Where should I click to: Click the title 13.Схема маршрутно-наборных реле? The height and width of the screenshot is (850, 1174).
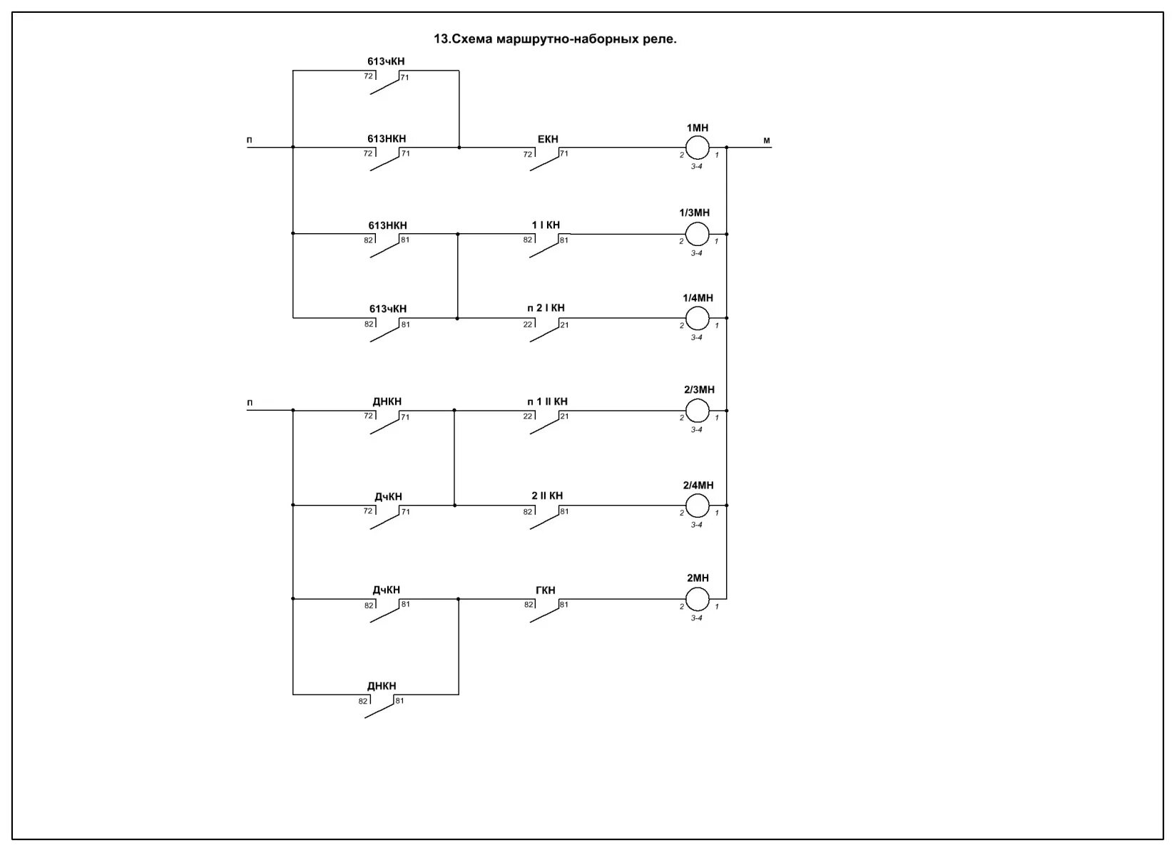555,39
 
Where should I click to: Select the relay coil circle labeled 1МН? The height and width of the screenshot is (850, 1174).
697,148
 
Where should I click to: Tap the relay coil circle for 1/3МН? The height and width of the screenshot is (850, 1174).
697,233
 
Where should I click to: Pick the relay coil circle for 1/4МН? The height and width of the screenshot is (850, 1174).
697,318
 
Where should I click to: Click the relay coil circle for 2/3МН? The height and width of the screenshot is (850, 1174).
697,411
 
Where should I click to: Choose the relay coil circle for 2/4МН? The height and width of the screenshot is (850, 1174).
697,506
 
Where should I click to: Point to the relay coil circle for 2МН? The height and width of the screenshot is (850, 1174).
697,599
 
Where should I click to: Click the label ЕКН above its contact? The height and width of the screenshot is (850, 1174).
548,139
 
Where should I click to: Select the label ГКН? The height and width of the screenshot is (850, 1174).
545,590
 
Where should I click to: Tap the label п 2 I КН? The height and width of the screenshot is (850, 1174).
546,308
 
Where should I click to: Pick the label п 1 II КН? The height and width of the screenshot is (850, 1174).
547,401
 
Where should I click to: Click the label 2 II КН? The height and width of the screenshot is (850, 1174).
547,496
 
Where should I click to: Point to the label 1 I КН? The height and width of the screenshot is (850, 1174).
546,225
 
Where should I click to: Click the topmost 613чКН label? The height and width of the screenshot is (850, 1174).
386,61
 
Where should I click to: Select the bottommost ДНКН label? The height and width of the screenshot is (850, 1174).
382,686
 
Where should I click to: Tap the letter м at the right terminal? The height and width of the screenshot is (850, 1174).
767,140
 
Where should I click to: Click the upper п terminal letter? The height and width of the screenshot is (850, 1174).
250,140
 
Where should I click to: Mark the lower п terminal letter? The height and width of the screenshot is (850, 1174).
250,402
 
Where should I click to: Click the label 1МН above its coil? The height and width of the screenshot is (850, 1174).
698,128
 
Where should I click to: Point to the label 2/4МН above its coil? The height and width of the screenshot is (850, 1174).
698,485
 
